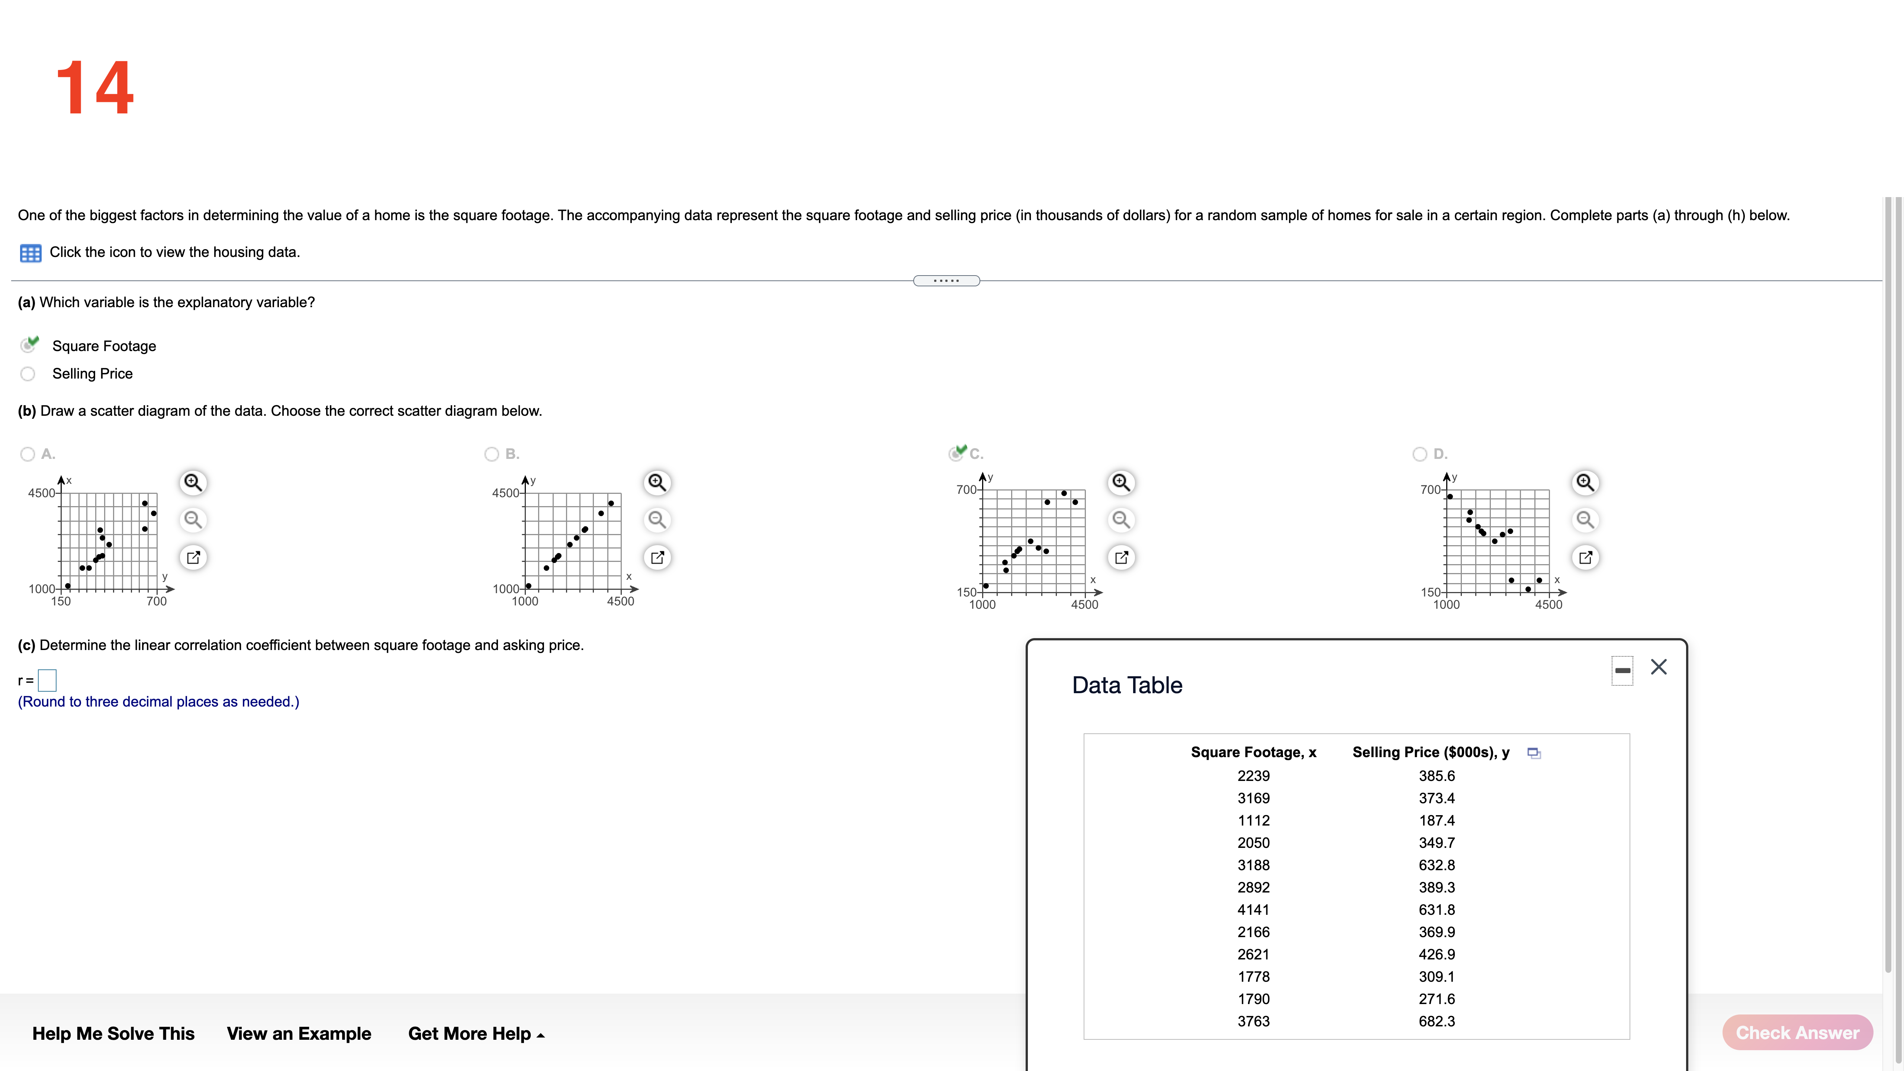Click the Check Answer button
click(x=1797, y=1033)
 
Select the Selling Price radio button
click(x=28, y=374)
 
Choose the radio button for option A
click(x=28, y=454)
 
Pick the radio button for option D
click(x=1419, y=454)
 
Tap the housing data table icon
click(x=30, y=253)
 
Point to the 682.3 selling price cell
click(x=1436, y=1022)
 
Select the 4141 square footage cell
click(x=1254, y=910)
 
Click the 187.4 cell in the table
click(x=1436, y=820)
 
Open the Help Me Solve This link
click(x=113, y=1033)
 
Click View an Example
click(x=299, y=1033)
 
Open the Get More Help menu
click(x=476, y=1033)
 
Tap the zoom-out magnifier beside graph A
click(x=193, y=520)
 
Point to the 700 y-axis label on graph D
click(x=1429, y=489)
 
